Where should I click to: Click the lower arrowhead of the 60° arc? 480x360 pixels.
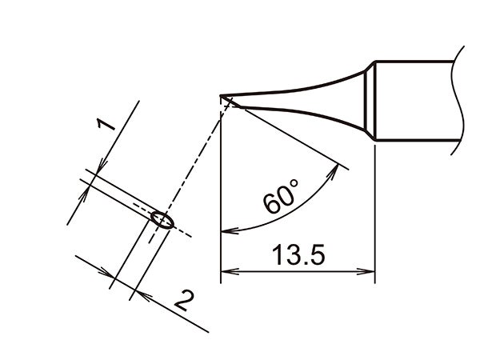tap(226, 232)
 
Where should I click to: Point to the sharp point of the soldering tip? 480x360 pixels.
tap(221, 98)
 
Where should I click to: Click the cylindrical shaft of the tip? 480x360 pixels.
tap(416, 102)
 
